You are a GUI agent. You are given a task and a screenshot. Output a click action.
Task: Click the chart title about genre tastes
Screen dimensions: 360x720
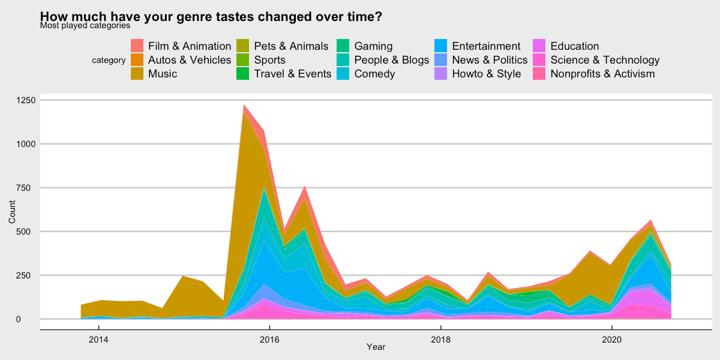click(x=211, y=17)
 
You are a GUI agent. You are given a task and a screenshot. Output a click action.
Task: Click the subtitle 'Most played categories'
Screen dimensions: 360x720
click(x=85, y=26)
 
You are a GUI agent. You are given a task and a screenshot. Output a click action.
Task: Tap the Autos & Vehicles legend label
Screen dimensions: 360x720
click(x=190, y=60)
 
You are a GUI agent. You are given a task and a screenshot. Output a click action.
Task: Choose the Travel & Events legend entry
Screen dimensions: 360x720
click(x=292, y=74)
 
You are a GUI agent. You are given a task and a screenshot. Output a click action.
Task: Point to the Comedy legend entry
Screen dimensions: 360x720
click(x=374, y=74)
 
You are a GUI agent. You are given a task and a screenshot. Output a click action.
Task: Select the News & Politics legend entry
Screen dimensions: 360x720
click(x=490, y=60)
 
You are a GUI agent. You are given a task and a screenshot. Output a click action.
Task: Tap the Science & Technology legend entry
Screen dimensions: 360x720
click(x=605, y=60)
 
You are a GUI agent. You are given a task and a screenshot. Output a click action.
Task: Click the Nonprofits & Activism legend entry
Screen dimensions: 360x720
click(x=602, y=74)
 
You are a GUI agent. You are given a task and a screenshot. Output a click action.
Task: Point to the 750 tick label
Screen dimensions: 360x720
click(x=29, y=188)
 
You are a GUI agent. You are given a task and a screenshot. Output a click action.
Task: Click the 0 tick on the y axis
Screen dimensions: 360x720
click(x=34, y=319)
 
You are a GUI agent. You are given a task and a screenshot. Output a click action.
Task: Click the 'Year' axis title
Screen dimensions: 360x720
click(x=376, y=347)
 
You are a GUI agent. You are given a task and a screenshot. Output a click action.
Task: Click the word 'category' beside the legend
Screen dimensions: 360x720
click(x=109, y=60)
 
